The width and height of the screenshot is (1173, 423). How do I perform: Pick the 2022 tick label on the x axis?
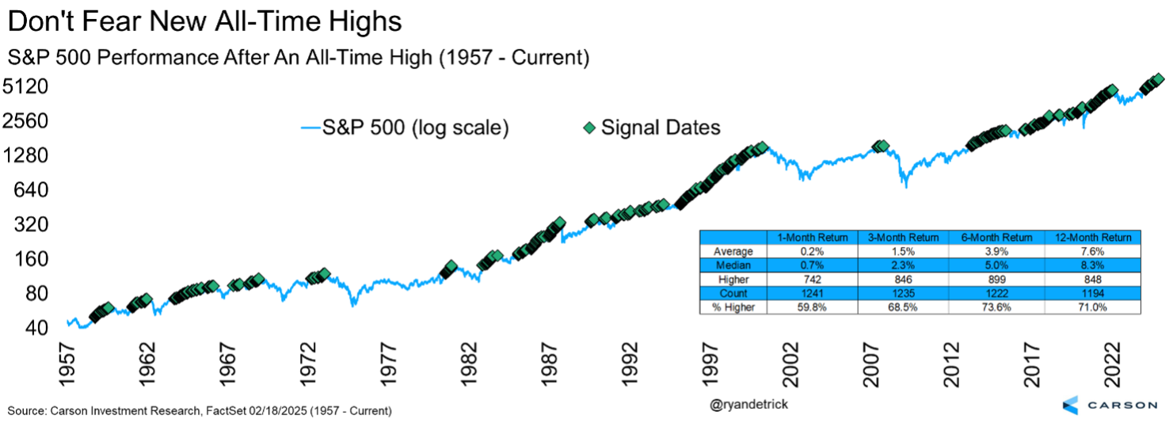[x=1114, y=365]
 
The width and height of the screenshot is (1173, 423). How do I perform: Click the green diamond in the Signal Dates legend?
[x=588, y=127]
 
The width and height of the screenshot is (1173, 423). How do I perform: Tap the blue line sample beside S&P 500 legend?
[x=310, y=127]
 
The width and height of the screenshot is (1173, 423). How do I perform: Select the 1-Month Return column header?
[x=813, y=237]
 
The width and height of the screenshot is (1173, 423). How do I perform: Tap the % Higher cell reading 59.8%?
[x=813, y=307]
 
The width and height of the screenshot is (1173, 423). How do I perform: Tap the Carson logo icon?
[x=1070, y=405]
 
